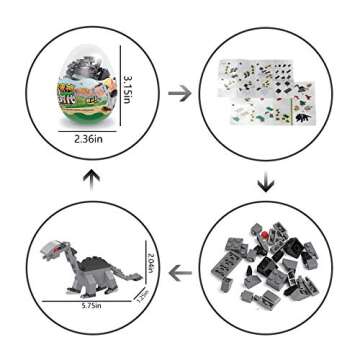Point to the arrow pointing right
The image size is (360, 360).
pyautogui.click(x=180, y=94)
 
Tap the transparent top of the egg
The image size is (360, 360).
pyautogui.click(x=87, y=52)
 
